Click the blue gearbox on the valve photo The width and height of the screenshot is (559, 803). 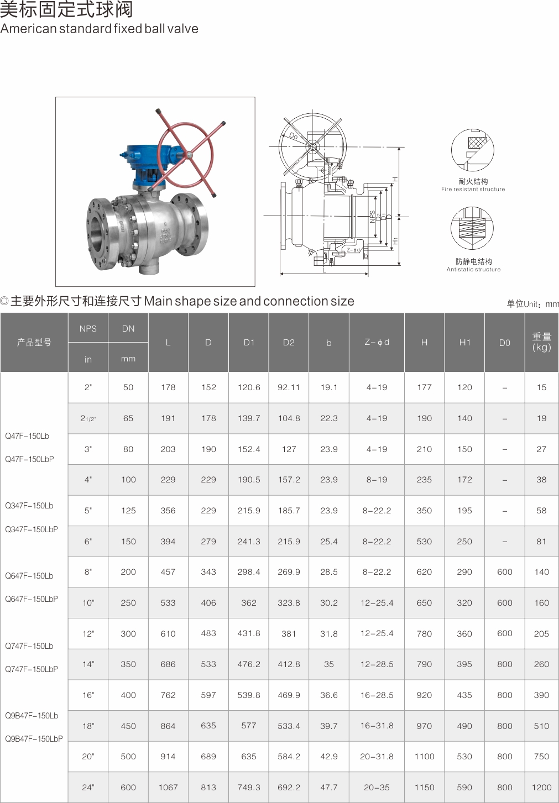point(147,167)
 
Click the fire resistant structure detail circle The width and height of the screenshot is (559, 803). point(472,150)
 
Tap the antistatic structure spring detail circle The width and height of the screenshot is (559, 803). point(472,228)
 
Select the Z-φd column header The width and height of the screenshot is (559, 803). point(377,342)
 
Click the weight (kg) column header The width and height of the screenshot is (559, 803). point(541,342)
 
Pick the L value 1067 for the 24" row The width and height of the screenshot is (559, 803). point(168,787)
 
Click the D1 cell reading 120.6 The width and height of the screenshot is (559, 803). point(249,387)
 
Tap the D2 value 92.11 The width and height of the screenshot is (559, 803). point(289,387)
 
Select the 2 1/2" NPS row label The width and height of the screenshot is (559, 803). point(88,418)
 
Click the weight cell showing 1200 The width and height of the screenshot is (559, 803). point(541,787)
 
